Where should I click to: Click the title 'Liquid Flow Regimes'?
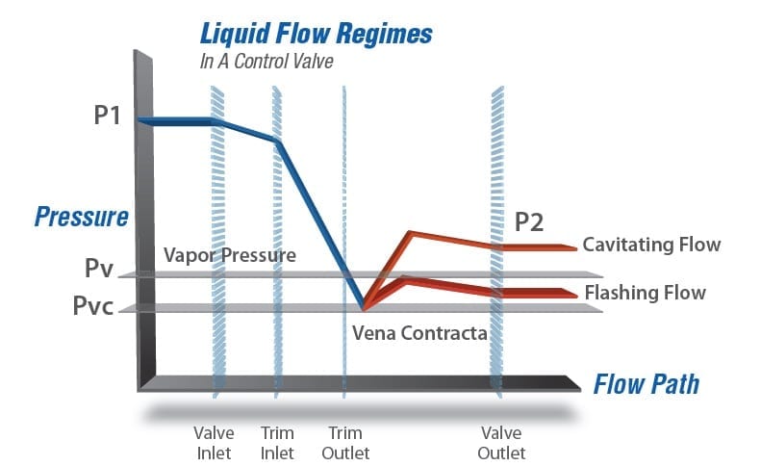point(316,35)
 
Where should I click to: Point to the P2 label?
point(528,222)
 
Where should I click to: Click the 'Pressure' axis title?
point(82,216)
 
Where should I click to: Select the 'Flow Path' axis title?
point(646,385)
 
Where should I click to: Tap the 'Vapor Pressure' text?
point(229,256)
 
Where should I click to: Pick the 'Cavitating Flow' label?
point(650,245)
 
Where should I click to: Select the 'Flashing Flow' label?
point(645,293)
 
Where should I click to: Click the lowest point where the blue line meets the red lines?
point(364,308)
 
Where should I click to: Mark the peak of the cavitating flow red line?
point(411,232)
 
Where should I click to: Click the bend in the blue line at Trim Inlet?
point(278,141)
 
